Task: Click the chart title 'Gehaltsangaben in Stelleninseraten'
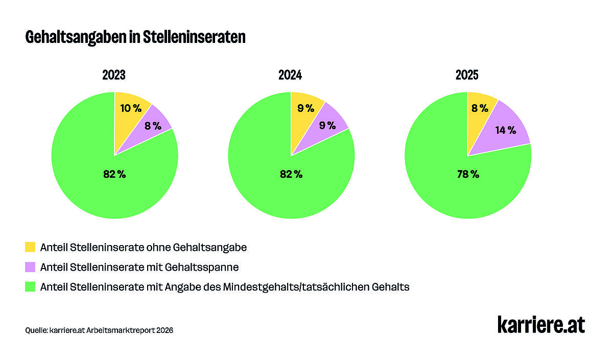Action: pos(135,38)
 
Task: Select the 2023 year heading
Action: pos(114,76)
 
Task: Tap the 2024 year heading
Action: pos(290,76)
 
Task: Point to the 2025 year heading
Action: pos(467,76)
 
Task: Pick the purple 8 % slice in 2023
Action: pos(153,126)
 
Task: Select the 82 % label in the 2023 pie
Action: pos(114,174)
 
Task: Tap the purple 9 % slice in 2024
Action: pos(327,126)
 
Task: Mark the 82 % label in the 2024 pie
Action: pos(291,174)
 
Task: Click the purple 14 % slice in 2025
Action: pos(505,130)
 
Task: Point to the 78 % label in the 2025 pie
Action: pos(468,174)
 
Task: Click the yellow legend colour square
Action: pos(30,248)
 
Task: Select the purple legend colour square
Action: pos(30,267)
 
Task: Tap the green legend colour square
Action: pos(30,287)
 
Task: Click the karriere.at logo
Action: pos(541,325)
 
